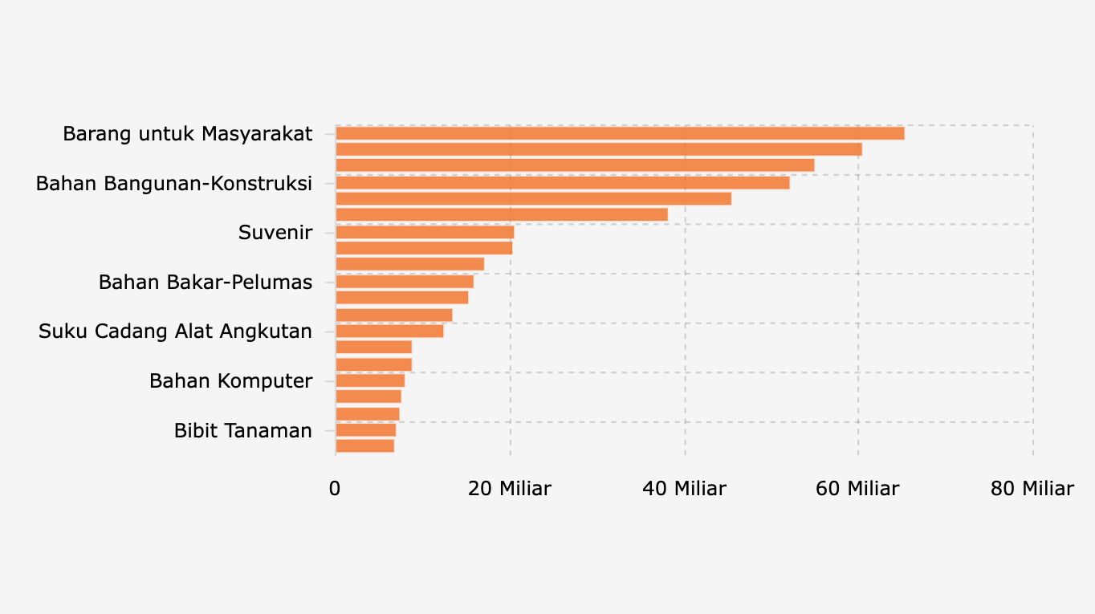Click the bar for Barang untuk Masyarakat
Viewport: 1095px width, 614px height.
pos(619,133)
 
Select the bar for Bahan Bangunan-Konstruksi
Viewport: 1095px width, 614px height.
pos(562,182)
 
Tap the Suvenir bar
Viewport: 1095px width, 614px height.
pos(425,233)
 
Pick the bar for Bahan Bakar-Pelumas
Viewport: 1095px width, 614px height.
pos(405,282)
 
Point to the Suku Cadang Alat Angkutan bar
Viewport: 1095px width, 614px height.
pos(389,331)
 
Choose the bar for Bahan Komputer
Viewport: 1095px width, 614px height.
pos(370,380)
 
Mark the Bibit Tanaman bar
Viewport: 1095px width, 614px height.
pos(365,430)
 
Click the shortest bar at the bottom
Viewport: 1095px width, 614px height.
pos(364,445)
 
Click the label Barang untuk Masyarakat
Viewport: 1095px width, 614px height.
pos(187,133)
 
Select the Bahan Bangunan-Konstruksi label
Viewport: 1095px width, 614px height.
pos(173,183)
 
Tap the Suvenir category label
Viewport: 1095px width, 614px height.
pos(275,233)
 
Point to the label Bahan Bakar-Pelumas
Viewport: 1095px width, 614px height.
pos(205,282)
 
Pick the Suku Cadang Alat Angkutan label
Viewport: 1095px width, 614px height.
pos(175,331)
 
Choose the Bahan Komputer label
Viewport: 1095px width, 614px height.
pos(230,380)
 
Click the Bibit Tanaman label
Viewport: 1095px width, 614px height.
pos(242,430)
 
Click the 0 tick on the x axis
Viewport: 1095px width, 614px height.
pos(335,488)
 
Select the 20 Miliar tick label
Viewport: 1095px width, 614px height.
pos(510,488)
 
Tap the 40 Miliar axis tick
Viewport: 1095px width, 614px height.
pos(684,488)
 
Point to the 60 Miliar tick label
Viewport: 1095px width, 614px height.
pos(857,488)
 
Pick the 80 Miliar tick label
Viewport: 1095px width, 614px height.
pos(1032,488)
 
